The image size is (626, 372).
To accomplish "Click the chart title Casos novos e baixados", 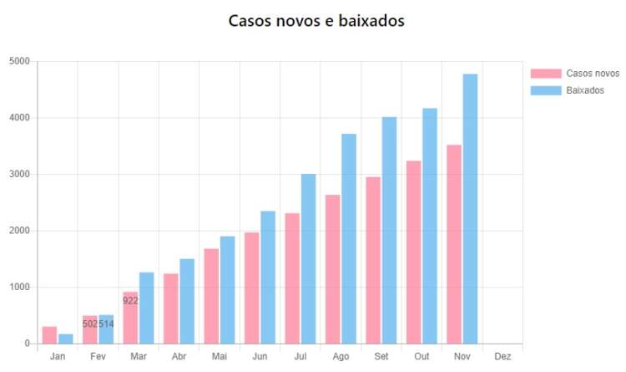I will pos(316,21).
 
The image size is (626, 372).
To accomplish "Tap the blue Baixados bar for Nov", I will pos(470,209).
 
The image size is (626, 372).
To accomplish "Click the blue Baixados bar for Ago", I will pos(349,239).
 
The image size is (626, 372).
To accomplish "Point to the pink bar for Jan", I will pos(49,335).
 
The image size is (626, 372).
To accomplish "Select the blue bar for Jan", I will pos(66,339).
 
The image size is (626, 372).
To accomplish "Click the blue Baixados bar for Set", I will pos(389,231).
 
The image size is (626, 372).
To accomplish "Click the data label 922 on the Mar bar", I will pos(130,300).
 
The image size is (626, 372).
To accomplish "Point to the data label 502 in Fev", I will pos(90,324).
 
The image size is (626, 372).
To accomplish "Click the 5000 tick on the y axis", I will pos(19,61).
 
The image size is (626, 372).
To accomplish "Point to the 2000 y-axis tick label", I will pos(19,231).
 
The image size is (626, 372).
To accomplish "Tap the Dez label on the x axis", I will pos(502,356).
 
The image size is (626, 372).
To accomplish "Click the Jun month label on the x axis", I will pos(260,356).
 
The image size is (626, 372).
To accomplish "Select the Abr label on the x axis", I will pos(179,356).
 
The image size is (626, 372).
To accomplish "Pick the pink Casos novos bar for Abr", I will pos(170,308).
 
